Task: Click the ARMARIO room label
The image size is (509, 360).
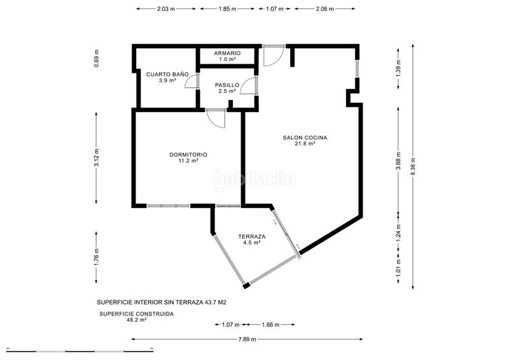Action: pos(227,53)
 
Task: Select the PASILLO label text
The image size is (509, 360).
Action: pos(227,85)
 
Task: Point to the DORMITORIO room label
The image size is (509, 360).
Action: pos(188,155)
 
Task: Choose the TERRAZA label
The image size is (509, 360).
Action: pos(251,237)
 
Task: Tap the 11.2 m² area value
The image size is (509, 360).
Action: pos(188,161)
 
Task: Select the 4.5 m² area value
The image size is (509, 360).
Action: pos(251,243)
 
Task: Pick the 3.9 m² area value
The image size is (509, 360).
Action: pos(163,81)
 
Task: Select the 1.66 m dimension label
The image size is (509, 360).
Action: pos(271,325)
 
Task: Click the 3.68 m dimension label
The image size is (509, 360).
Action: pos(398,162)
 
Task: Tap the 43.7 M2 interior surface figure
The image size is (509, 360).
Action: pos(213,303)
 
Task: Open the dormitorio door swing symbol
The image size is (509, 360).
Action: pos(217,118)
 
